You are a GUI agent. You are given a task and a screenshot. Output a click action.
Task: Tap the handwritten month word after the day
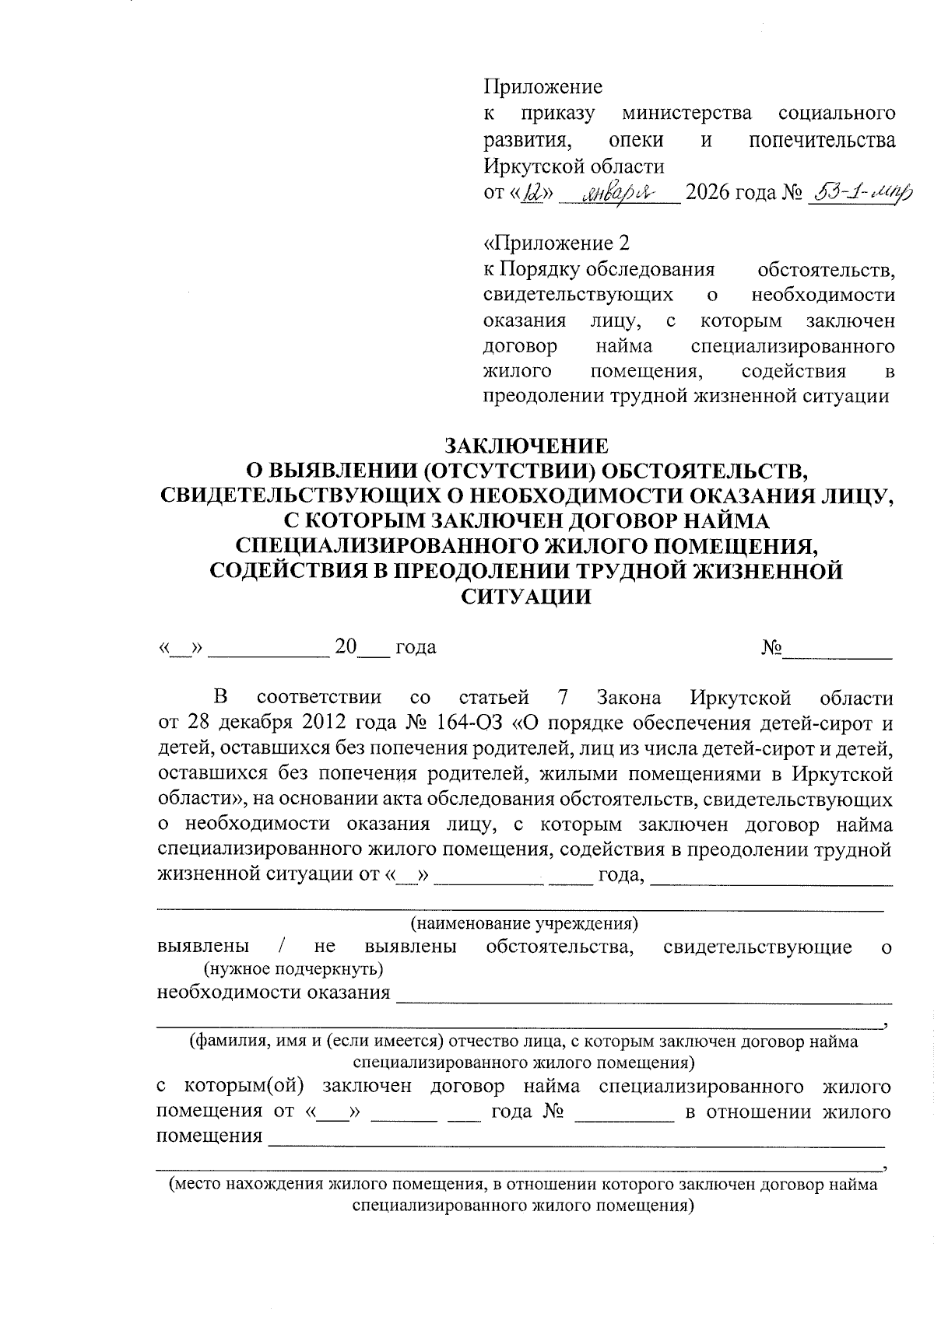click(620, 191)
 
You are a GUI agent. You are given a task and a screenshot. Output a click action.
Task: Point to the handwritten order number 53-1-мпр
click(860, 191)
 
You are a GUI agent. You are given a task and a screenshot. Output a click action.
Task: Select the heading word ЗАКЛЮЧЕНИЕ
click(525, 446)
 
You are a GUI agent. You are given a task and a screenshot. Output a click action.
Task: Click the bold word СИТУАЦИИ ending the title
click(525, 597)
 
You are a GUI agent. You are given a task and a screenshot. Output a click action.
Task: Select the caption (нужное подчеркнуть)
click(293, 969)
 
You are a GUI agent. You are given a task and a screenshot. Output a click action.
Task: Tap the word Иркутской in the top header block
click(520, 166)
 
